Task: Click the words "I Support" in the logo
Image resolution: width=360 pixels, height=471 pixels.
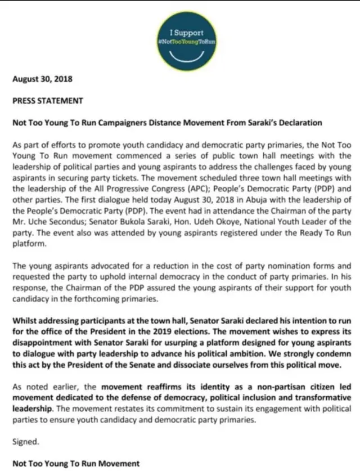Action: tap(187, 33)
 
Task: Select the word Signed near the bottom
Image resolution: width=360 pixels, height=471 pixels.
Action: tap(26, 442)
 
